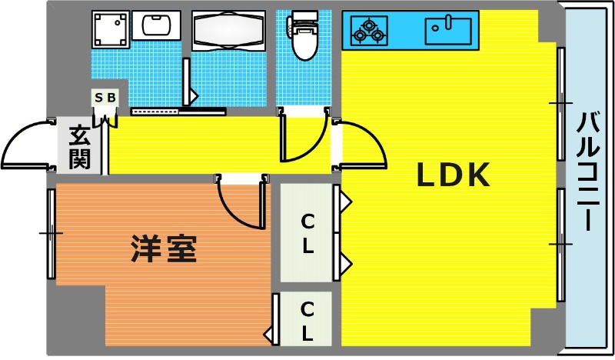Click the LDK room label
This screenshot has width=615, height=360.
[453, 175]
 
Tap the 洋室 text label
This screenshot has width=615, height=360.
[164, 248]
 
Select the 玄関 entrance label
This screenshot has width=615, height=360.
[80, 147]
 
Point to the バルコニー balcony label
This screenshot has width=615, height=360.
[588, 171]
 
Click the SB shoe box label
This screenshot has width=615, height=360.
[105, 98]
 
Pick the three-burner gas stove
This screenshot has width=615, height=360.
[369, 30]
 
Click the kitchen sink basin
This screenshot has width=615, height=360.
[448, 31]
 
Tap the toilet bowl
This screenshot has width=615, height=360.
[304, 35]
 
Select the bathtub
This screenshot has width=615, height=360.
[228, 31]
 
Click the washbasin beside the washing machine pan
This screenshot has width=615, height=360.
[156, 25]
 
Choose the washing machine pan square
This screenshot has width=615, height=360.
[111, 29]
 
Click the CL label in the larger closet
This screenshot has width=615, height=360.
[307, 234]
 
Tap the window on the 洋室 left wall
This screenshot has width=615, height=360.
[51, 234]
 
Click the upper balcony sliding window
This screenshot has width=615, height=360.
[561, 104]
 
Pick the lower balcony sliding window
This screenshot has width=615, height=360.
[561, 245]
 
